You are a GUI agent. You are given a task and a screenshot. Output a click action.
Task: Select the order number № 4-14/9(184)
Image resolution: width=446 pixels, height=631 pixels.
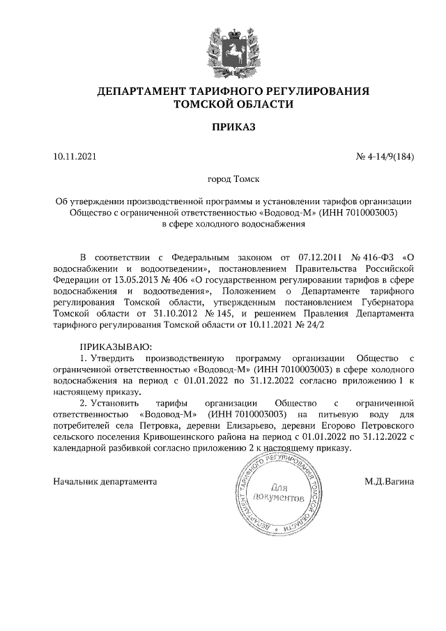pos(385,156)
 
